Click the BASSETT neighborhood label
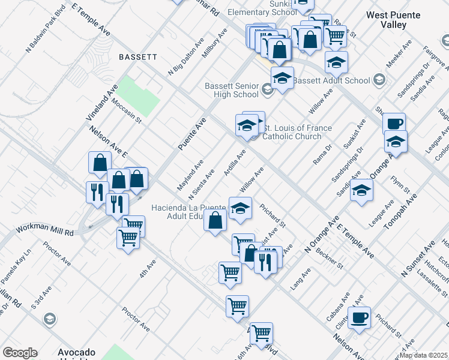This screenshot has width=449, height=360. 138,57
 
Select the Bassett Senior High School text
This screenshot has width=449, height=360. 231,90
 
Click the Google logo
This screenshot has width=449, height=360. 20,353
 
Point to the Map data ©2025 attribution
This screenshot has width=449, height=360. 424,355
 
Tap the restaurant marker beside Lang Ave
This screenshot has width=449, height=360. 264,261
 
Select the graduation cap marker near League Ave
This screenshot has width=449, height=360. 361,190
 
